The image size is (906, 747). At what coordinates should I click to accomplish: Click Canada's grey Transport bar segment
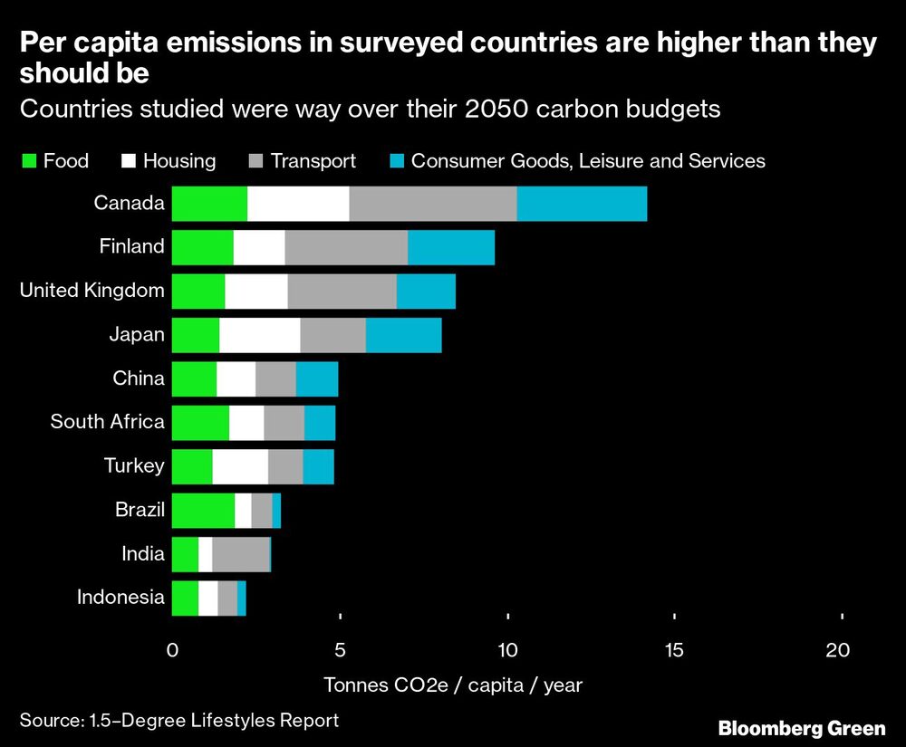(x=432, y=203)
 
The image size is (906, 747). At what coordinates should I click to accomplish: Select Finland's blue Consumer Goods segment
(x=451, y=247)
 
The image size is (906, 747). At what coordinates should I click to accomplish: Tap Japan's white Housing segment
(x=259, y=335)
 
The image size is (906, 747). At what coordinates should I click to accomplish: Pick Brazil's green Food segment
(x=203, y=511)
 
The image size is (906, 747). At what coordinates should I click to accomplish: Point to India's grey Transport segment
(x=240, y=554)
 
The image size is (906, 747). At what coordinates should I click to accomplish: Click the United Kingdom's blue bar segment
(x=426, y=291)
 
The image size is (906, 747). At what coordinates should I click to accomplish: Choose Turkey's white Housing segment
(x=240, y=466)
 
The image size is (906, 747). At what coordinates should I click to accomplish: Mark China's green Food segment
(x=194, y=378)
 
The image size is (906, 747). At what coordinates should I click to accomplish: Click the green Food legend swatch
(x=28, y=162)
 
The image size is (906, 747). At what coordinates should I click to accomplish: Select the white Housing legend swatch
(x=128, y=162)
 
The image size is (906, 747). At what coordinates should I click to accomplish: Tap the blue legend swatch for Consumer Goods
(x=395, y=162)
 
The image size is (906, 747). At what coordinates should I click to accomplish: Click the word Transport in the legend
(x=313, y=162)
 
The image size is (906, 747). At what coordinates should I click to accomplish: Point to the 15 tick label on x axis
(x=673, y=650)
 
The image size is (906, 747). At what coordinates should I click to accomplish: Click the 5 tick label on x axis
(x=341, y=650)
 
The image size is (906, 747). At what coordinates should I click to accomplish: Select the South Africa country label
(x=107, y=422)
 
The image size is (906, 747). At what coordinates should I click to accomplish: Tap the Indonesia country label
(x=120, y=598)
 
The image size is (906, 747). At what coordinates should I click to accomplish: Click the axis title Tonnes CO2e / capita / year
(x=452, y=685)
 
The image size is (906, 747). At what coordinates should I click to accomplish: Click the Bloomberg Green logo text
(x=802, y=728)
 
